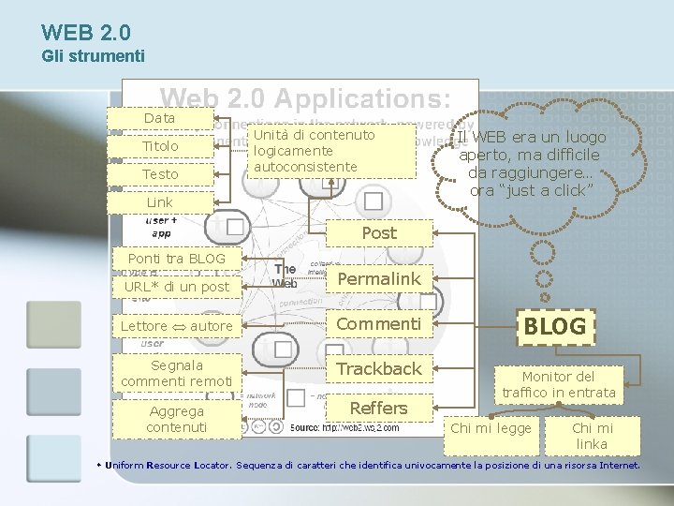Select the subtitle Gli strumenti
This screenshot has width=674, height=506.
point(94,56)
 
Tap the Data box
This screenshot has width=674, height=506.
point(160,118)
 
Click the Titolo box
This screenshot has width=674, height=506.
point(160,147)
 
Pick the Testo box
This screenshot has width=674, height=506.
point(160,175)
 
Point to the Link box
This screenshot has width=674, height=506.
point(160,202)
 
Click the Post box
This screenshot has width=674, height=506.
point(379,232)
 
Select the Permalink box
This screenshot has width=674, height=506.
point(379,278)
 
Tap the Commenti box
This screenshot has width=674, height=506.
point(379,323)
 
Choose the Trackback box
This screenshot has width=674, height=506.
point(379,368)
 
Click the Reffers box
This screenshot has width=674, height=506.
point(379,408)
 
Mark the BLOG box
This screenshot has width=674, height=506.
point(554,326)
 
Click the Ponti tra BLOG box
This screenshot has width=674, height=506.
point(177,259)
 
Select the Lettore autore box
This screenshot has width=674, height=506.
point(177,326)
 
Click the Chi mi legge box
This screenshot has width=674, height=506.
point(491,428)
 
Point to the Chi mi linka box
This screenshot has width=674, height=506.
point(592,436)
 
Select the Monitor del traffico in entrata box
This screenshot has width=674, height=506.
point(559,384)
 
